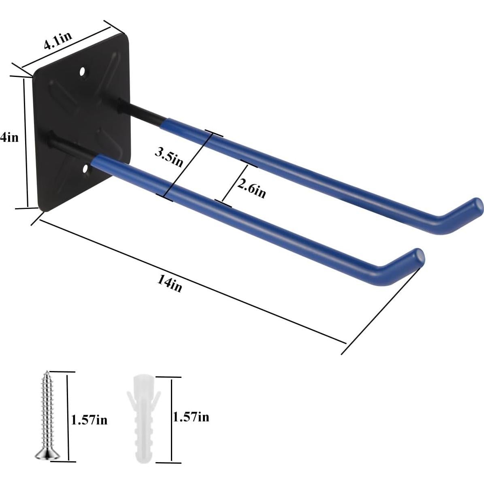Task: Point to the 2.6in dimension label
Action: (252, 188)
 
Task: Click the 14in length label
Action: (170, 284)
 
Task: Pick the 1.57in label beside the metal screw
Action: (89, 420)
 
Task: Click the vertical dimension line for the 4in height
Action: (26, 143)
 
